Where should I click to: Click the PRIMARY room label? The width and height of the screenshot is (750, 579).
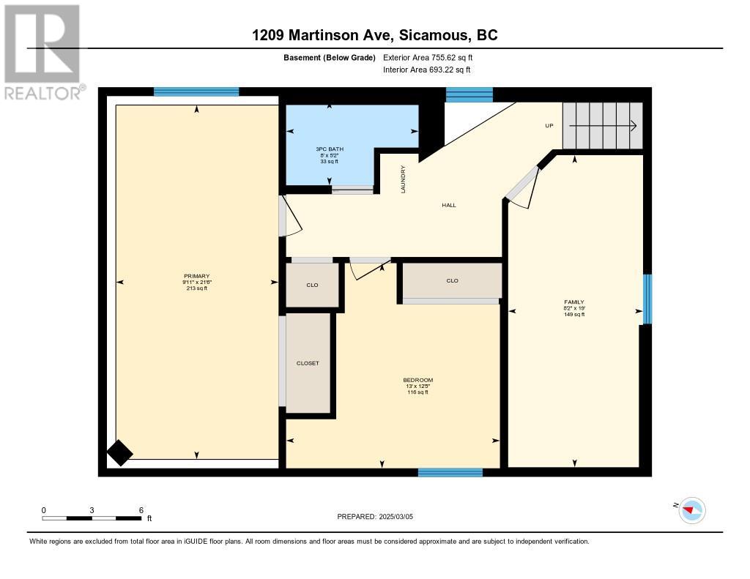click(x=196, y=276)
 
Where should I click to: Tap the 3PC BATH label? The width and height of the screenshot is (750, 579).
click(x=329, y=149)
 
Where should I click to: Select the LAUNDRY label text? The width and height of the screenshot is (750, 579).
click(x=403, y=179)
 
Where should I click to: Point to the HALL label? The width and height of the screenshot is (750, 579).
click(x=449, y=205)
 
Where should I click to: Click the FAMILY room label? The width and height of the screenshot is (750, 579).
click(x=574, y=302)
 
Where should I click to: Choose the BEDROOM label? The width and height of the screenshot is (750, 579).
click(x=417, y=380)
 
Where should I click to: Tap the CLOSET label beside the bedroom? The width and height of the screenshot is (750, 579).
click(x=308, y=363)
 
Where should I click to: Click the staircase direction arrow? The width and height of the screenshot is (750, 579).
click(x=603, y=126)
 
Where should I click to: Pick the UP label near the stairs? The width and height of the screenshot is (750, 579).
click(x=549, y=126)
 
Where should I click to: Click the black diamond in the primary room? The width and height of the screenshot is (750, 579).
click(x=119, y=453)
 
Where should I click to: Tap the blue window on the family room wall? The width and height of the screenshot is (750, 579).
click(x=647, y=299)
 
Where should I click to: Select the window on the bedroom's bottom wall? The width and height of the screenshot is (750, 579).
click(x=450, y=472)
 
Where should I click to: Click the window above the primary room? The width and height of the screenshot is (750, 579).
click(x=196, y=91)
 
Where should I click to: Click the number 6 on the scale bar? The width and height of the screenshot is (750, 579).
click(x=141, y=510)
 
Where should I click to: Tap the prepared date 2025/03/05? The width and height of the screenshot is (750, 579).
click(x=396, y=516)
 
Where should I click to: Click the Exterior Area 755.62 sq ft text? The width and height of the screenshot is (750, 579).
click(x=428, y=57)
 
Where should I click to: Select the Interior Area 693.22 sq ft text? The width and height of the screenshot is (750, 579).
click(x=427, y=70)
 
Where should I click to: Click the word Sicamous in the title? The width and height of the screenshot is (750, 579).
click(x=434, y=35)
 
